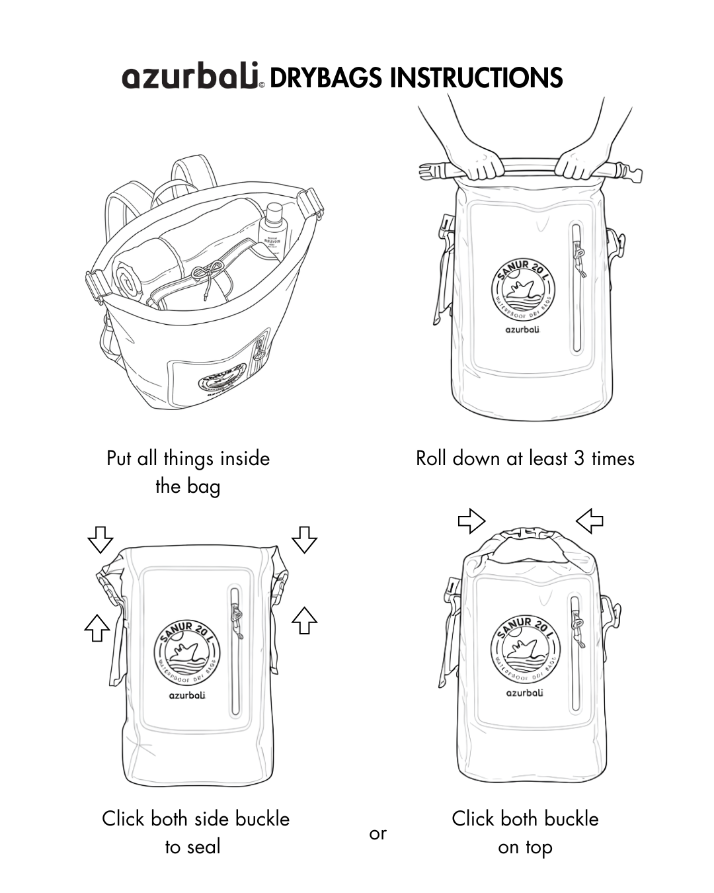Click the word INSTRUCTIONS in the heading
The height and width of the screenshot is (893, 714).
(476, 78)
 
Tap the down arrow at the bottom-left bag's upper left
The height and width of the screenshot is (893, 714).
(100, 539)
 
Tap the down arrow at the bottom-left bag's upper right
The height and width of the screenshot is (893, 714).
(304, 539)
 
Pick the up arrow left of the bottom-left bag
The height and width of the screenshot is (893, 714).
(97, 627)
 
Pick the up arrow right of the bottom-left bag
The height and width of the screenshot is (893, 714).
(304, 620)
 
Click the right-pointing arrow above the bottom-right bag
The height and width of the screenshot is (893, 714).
(471, 521)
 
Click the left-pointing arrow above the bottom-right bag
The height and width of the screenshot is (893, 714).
(590, 521)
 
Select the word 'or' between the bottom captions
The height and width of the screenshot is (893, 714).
(377, 833)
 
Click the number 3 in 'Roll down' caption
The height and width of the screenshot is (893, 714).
(578, 458)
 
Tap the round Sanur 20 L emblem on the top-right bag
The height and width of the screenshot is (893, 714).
(522, 288)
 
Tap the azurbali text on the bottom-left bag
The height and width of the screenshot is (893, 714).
(187, 695)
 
